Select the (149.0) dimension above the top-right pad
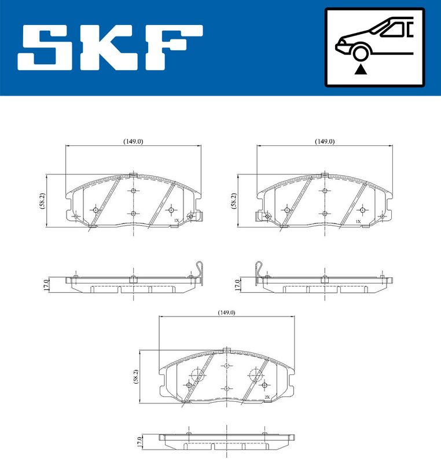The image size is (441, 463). click(x=325, y=141)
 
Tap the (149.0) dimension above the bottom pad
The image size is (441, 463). click(x=227, y=313)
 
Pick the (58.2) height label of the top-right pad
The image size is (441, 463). click(x=234, y=201)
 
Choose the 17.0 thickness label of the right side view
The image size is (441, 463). click(x=237, y=284)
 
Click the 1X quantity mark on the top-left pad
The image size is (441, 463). click(x=176, y=221)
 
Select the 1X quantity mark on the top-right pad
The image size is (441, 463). click(x=358, y=221)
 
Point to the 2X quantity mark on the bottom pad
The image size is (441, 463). click(x=269, y=397)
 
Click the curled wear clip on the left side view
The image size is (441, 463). click(x=200, y=271)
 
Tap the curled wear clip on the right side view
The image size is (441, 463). click(x=258, y=271)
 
